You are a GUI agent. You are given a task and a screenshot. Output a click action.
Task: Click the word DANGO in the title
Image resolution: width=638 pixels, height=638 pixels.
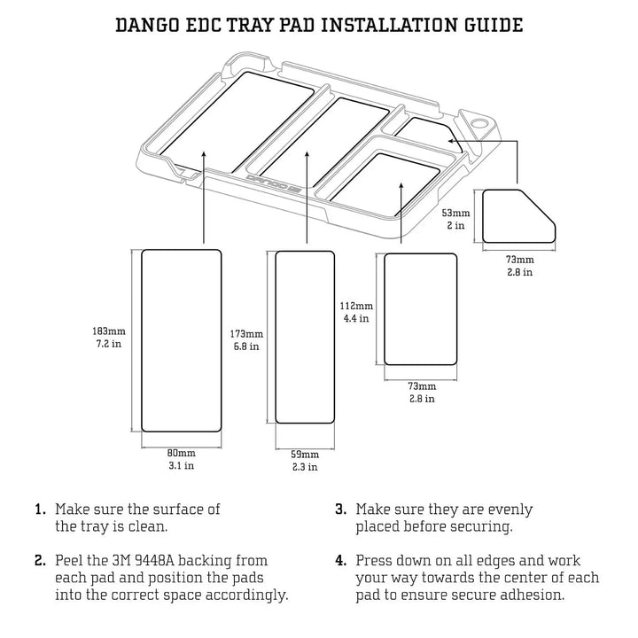pyautogui.click(x=151, y=24)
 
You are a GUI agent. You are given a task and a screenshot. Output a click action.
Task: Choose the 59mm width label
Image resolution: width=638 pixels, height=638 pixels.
pyautogui.click(x=305, y=455)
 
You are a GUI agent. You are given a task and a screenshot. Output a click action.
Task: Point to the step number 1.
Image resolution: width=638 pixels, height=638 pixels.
pyautogui.click(x=40, y=510)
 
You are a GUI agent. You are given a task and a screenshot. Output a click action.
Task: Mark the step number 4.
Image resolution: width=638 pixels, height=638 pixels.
pyautogui.click(x=340, y=562)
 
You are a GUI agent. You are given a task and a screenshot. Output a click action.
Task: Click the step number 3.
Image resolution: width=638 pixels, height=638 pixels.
pyautogui.click(x=340, y=510)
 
